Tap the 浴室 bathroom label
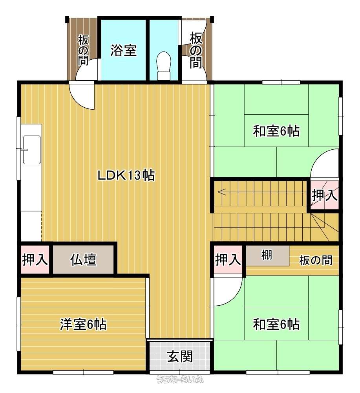coord(123,50)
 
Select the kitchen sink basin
coord(32,150)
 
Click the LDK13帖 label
coord(126,175)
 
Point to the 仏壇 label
coord(83,259)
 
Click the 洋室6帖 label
coord(83,324)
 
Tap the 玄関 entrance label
coord(180,356)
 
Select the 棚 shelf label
coord(267,255)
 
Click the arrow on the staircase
coord(222,192)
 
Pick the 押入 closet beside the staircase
coord(324,195)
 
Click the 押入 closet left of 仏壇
coord(35,259)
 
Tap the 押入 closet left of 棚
coord(228,259)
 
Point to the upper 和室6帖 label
coord(276,131)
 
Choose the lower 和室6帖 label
coord(276,324)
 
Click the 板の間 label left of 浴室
coord(83,50)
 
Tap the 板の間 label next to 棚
coord(316,261)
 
